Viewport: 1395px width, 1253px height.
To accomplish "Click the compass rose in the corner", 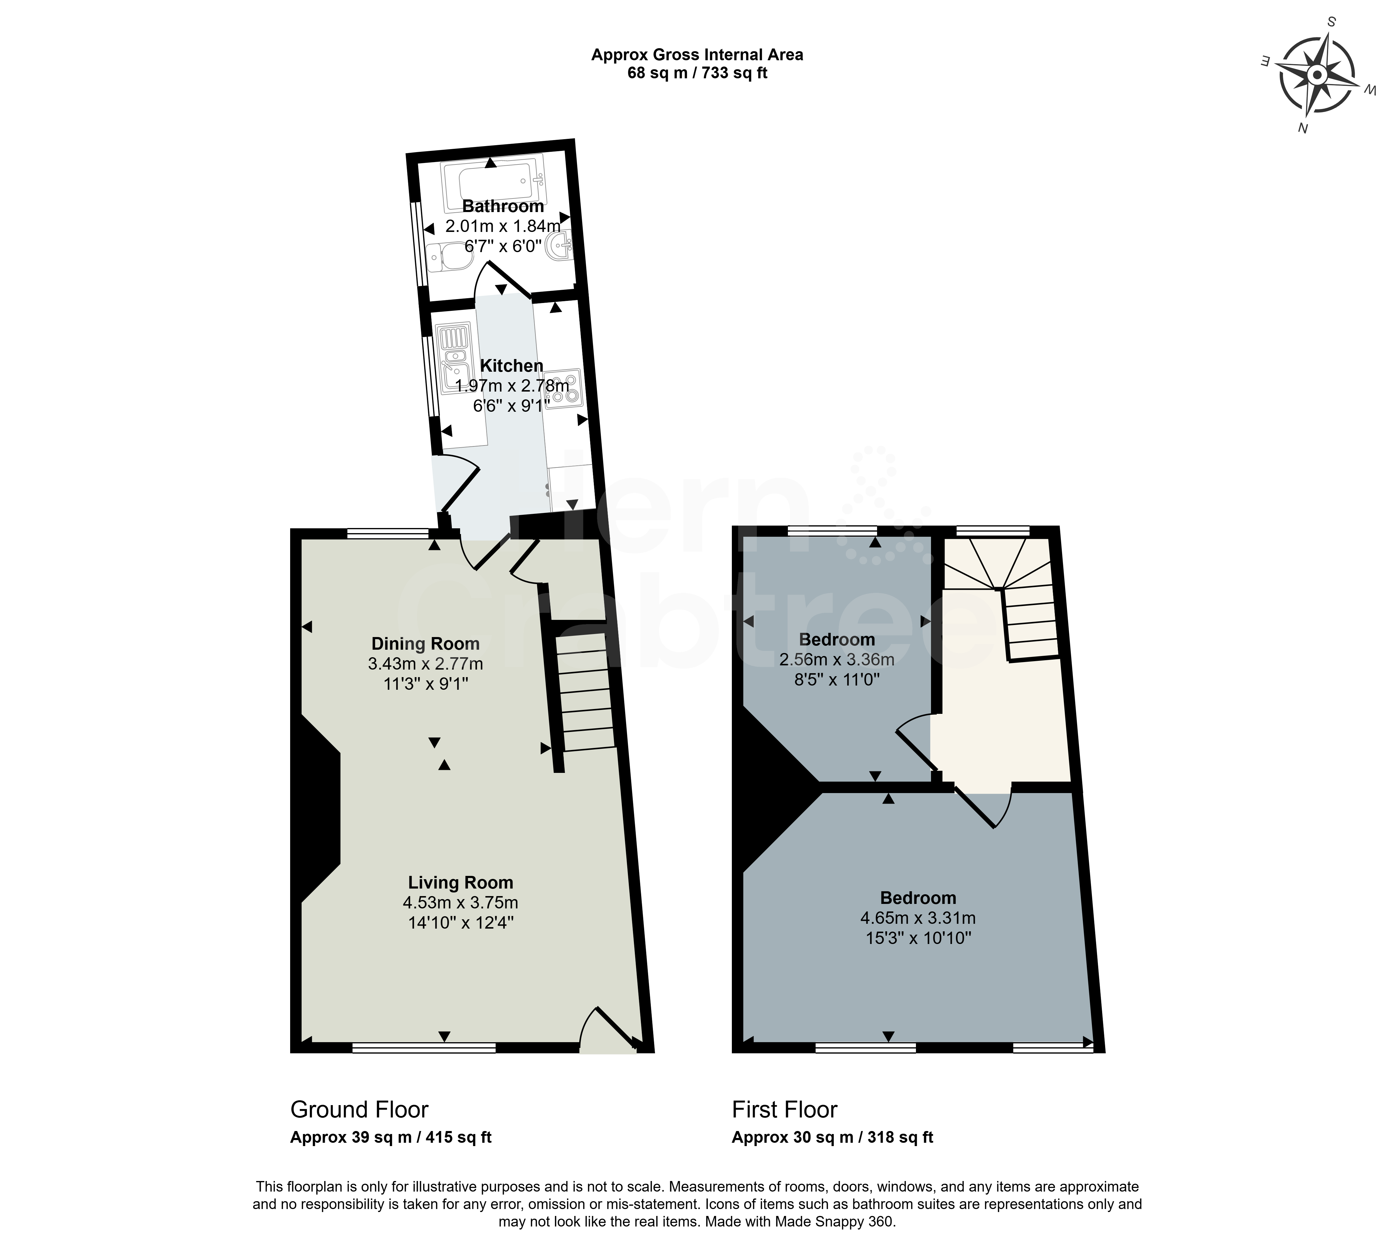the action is pyautogui.click(x=1316, y=74).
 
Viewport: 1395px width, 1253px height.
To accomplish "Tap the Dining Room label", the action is pyautogui.click(x=425, y=644).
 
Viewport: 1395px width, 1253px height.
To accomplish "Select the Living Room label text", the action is pyautogui.click(x=461, y=883).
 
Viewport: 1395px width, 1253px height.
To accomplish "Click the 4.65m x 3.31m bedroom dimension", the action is pyautogui.click(x=918, y=918).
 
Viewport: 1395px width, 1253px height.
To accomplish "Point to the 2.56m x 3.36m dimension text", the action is pyautogui.click(x=837, y=660).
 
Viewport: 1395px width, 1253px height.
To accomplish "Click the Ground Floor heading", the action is pyautogui.click(x=359, y=1110).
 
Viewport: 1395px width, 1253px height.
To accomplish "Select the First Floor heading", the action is pyautogui.click(x=784, y=1110).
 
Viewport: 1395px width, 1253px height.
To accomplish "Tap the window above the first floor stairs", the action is pyautogui.click(x=993, y=530).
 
